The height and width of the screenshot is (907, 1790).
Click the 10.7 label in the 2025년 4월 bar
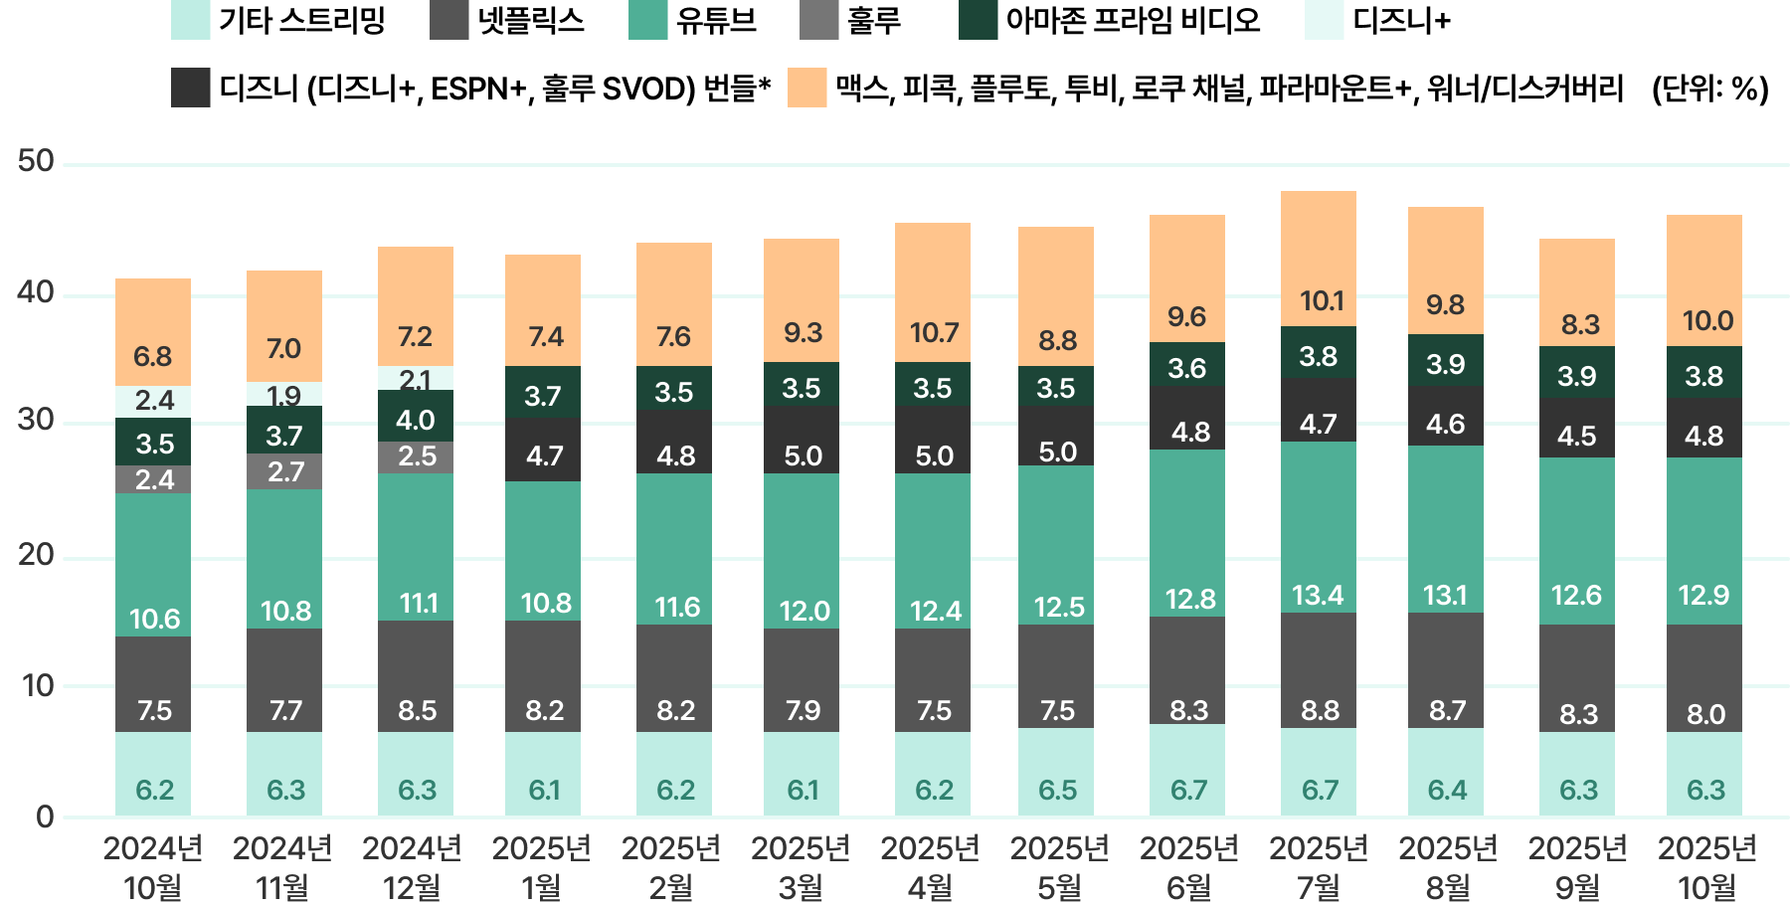(x=933, y=333)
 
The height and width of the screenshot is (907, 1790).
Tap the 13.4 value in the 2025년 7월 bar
(x=1318, y=596)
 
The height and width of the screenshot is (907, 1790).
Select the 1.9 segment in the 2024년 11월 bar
(x=284, y=396)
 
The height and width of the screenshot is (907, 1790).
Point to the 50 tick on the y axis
(x=36, y=161)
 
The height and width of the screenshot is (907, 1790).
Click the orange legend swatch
(x=806, y=88)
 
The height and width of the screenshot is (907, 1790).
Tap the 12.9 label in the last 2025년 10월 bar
(x=1704, y=596)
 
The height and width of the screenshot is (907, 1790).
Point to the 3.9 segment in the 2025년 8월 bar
(x=1446, y=364)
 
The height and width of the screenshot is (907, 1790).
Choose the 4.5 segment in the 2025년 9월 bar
(x=1577, y=436)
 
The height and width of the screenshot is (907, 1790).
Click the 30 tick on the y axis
(x=36, y=422)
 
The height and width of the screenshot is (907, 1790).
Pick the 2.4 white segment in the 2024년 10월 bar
(x=153, y=401)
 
